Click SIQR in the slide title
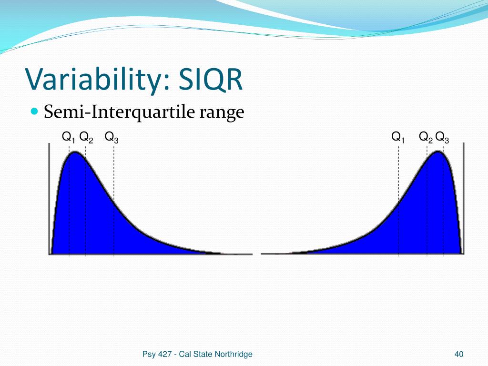click(x=210, y=79)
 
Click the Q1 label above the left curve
click(x=69, y=137)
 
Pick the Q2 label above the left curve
click(x=86, y=137)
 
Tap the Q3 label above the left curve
click(x=112, y=137)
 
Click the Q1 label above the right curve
click(x=398, y=137)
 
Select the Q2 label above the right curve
click(x=426, y=137)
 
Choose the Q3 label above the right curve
click(x=442, y=137)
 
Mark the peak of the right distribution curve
click(x=438, y=152)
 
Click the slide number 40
click(x=459, y=354)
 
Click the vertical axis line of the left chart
click(x=49, y=199)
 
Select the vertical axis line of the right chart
click(x=463, y=199)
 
